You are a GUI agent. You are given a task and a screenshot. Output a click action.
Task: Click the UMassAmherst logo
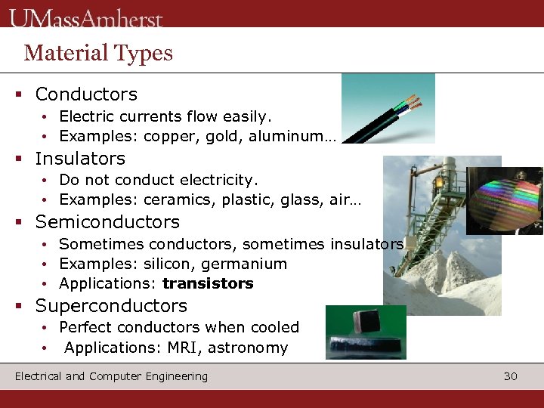(86, 17)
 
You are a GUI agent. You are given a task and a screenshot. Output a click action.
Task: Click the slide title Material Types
(98, 53)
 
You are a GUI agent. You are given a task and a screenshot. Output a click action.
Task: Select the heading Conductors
(86, 94)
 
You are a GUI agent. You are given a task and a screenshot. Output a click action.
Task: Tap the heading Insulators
(80, 159)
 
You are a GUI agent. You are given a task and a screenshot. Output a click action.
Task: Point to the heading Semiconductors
(107, 222)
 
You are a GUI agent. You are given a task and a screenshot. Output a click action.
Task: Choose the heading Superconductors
(111, 306)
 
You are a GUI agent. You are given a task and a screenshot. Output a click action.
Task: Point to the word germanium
(249, 264)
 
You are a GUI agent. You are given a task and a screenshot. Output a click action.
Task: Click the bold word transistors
(208, 284)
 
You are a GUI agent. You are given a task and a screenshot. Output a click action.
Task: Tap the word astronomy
(248, 348)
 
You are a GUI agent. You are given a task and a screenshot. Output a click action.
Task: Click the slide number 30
(510, 376)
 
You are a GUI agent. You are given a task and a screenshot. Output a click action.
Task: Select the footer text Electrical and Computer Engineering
(111, 376)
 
